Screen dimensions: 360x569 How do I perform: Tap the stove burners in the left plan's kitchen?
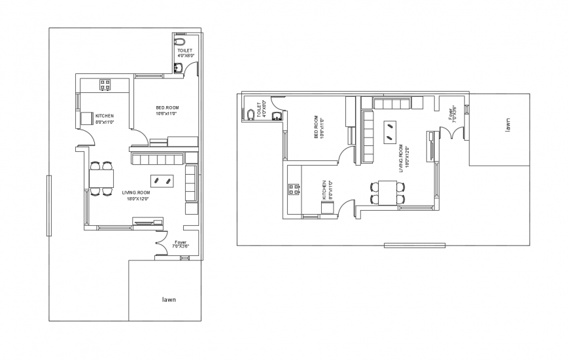pyautogui.click(x=105, y=84)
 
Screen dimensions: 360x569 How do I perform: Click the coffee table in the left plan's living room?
pyautogui.click(x=162, y=179)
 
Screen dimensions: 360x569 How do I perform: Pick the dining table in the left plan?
pyautogui.click(x=101, y=178)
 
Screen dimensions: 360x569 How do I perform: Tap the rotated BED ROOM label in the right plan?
pyautogui.click(x=317, y=128)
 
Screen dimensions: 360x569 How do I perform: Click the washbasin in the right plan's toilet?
pyautogui.click(x=277, y=117)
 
